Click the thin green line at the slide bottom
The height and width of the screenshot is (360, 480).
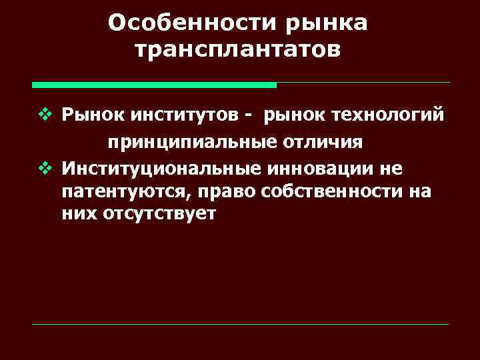point(240,325)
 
